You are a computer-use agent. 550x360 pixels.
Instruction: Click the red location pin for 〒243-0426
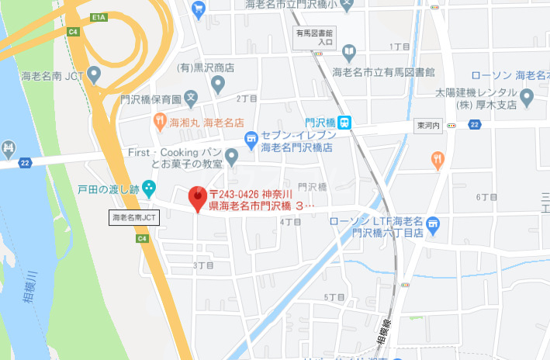point(197,197)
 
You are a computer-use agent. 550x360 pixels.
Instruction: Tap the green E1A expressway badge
point(98,16)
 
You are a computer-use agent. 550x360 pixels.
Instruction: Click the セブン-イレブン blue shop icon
point(251,140)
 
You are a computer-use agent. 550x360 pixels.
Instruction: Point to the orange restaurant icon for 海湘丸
point(159,120)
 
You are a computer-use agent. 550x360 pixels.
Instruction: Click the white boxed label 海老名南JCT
point(133,218)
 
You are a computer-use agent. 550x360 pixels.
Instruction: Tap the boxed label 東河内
point(427,125)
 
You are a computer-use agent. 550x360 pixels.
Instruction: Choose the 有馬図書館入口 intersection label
point(314,38)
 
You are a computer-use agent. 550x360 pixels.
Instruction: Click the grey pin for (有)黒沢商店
point(218,83)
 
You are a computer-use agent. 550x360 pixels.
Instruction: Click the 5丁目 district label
point(334,297)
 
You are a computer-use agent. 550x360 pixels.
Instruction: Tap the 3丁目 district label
point(202,265)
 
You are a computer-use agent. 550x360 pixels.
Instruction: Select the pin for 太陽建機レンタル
point(528,98)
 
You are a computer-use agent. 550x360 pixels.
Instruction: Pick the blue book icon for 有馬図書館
point(349,54)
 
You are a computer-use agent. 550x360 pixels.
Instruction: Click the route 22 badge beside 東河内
point(475,125)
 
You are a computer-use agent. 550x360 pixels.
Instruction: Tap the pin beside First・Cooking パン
point(231,156)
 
